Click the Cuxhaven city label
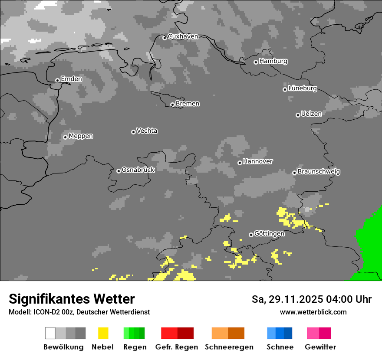click(x=183, y=36)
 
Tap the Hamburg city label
click(x=273, y=61)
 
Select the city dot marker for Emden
click(x=57, y=80)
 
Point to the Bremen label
click(x=188, y=104)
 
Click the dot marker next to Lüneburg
click(x=285, y=89)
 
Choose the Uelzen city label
click(x=311, y=114)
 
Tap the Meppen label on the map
click(x=81, y=136)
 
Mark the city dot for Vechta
click(x=133, y=132)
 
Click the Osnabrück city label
click(x=138, y=170)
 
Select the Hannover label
click(x=258, y=161)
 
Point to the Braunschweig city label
click(x=319, y=171)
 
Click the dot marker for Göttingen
click(x=251, y=235)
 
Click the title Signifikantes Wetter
click(x=72, y=299)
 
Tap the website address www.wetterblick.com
click(x=313, y=312)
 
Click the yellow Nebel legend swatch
click(x=103, y=333)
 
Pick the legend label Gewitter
click(x=320, y=347)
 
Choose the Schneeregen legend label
click(x=229, y=347)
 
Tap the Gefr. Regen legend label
click(x=176, y=347)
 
